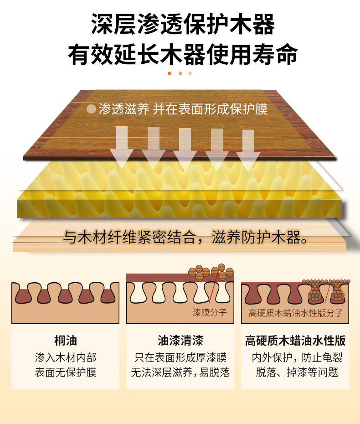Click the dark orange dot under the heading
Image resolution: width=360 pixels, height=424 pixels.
point(170,73)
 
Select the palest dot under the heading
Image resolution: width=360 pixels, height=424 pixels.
point(190,73)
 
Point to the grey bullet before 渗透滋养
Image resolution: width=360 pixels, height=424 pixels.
point(92,109)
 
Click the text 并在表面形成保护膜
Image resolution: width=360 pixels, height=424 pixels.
point(210,109)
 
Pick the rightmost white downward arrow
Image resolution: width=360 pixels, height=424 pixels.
point(248,148)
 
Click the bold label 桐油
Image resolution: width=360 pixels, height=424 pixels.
point(66,341)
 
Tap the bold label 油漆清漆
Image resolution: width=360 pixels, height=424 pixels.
point(180,341)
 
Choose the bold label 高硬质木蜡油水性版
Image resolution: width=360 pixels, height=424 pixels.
point(295,341)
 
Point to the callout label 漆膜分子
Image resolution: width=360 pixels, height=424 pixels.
point(210,313)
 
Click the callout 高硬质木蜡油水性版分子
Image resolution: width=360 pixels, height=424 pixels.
point(296,313)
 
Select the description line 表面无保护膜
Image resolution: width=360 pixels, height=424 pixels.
point(66,372)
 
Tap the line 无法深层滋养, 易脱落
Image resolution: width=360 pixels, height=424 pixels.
point(180,372)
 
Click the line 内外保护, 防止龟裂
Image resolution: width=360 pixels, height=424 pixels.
point(295,357)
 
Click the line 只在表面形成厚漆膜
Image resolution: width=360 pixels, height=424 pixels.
point(180,357)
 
